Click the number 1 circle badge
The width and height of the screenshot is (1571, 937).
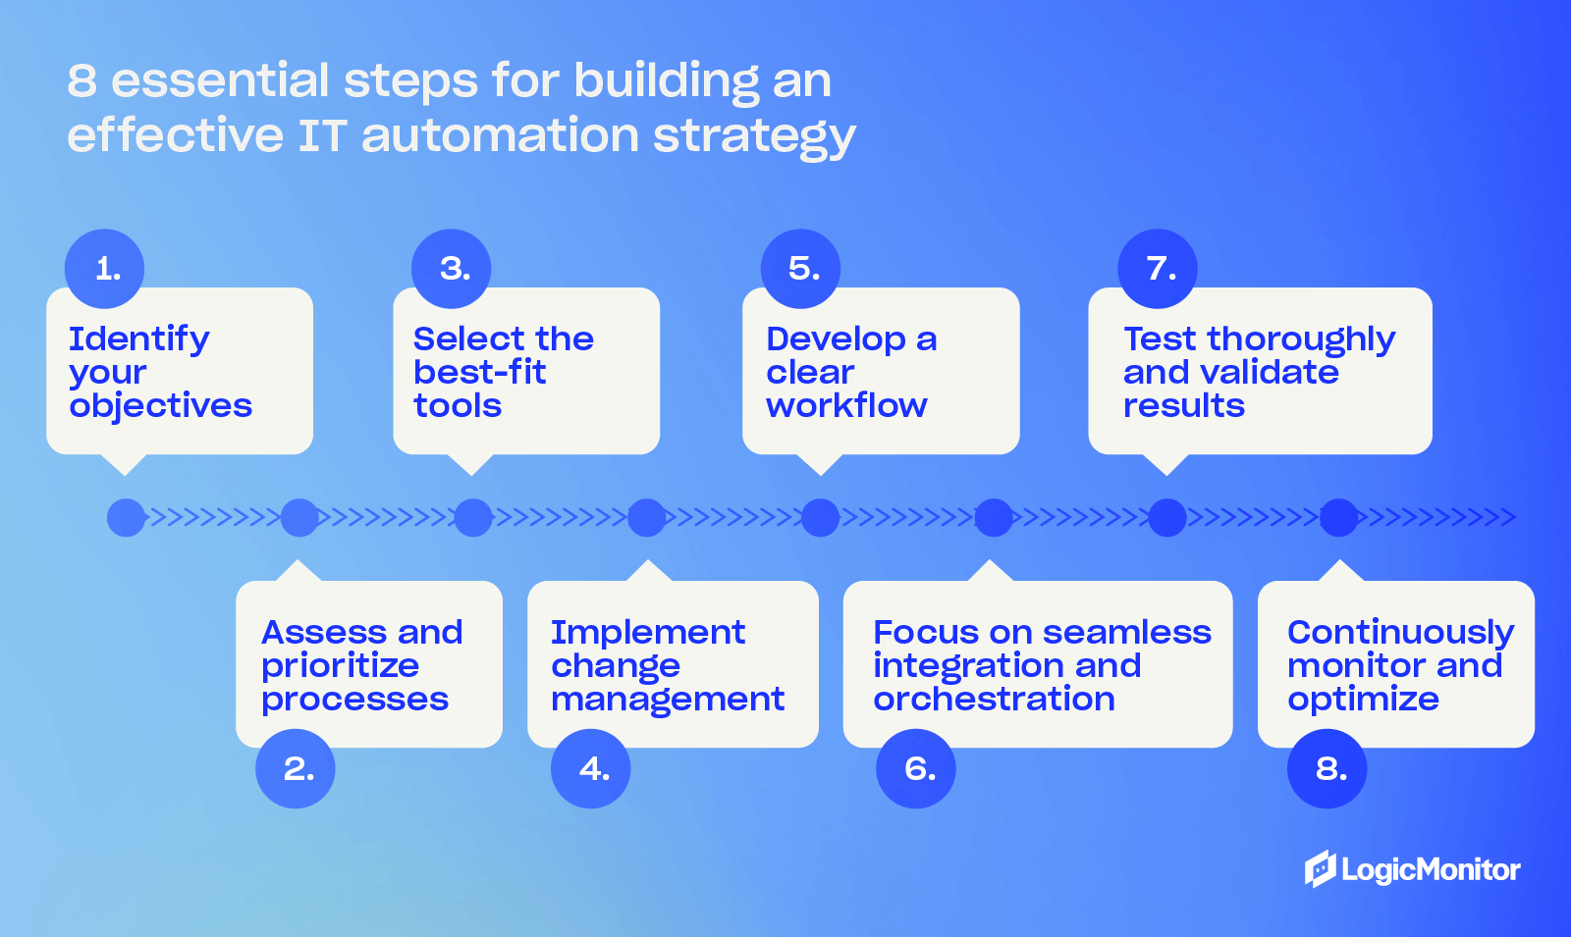click(x=104, y=269)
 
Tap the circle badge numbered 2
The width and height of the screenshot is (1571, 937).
click(x=296, y=768)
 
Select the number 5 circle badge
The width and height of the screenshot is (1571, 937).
click(x=801, y=269)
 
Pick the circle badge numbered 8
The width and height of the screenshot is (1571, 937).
click(x=1327, y=768)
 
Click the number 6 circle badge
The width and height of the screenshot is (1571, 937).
click(x=916, y=768)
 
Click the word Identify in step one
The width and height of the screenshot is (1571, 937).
click(x=138, y=339)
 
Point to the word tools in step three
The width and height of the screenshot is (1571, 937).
click(x=458, y=405)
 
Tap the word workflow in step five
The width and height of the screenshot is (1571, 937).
click(x=846, y=405)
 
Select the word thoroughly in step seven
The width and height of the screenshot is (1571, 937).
click(x=1301, y=339)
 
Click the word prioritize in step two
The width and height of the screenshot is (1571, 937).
click(x=340, y=666)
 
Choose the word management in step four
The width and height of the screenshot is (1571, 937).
click(x=668, y=700)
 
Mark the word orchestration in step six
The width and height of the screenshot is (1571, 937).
click(x=994, y=699)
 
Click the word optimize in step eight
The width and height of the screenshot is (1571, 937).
click(x=1363, y=700)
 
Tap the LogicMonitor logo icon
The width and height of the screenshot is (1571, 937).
click(x=1320, y=868)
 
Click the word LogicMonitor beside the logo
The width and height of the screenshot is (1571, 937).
click(x=1431, y=870)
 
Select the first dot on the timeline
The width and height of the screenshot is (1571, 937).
click(x=126, y=517)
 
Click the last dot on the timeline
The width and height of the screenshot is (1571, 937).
click(x=1338, y=517)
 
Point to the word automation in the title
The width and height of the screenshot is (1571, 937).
click(x=500, y=135)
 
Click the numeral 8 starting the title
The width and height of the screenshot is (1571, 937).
click(x=81, y=80)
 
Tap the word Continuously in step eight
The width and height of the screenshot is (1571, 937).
click(x=1400, y=633)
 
